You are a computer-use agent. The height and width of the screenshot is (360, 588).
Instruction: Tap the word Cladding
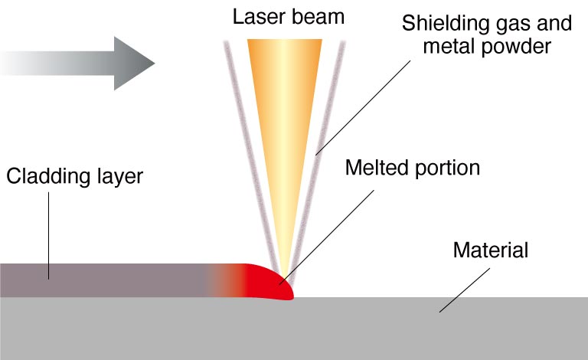48,177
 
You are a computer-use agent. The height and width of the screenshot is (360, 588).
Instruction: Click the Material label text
491,250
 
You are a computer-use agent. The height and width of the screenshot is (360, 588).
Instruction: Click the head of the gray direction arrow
134,63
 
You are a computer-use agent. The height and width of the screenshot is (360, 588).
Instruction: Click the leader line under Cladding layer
49,236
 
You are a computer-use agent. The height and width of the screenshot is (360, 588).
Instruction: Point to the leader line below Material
465,290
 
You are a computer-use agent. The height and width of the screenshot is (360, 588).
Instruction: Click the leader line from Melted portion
327,237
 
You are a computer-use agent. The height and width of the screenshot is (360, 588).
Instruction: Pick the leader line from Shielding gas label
363,108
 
